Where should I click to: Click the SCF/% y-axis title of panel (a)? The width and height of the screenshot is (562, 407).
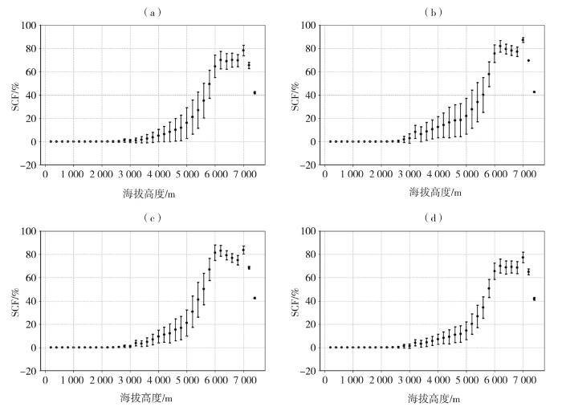(15, 95)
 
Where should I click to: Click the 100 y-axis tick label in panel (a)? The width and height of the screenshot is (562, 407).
(29, 26)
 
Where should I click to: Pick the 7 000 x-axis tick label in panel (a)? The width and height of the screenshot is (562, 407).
(244, 174)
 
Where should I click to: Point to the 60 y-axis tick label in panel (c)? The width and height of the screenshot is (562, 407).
(31, 278)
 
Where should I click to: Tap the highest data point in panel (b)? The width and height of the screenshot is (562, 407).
(523, 39)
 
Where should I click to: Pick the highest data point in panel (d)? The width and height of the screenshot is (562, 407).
(523, 257)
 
